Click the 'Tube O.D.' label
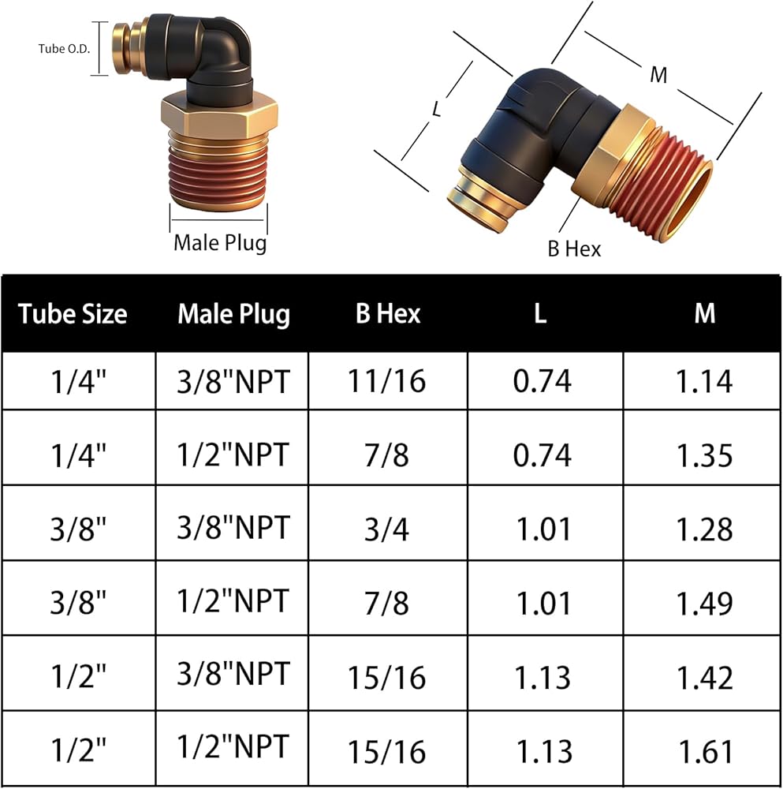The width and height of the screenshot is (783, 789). tap(64, 49)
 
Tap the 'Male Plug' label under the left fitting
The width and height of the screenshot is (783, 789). tap(220, 242)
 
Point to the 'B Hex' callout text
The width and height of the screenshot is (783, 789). tap(574, 249)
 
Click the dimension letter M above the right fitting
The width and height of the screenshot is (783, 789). tap(658, 75)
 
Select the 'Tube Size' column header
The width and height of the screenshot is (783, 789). tap(73, 313)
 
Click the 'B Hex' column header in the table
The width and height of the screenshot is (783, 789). tap(388, 313)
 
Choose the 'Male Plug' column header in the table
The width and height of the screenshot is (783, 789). tap(234, 314)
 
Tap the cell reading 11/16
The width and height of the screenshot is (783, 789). tap(386, 381)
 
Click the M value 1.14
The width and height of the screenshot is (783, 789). tap(704, 381)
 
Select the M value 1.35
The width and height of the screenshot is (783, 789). tap(704, 455)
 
